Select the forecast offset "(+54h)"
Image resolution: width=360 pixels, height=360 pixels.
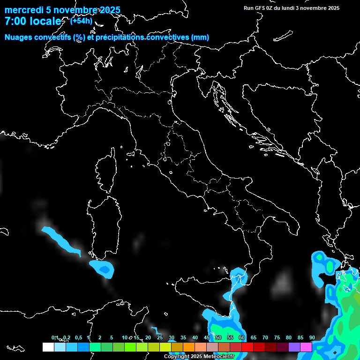81,21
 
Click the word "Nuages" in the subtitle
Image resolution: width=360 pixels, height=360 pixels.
19,37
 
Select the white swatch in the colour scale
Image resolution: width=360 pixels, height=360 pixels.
48,347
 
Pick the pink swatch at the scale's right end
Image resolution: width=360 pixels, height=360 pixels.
306,347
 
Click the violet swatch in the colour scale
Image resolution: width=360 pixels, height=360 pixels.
294,347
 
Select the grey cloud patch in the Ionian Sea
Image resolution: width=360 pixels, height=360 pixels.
283,281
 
